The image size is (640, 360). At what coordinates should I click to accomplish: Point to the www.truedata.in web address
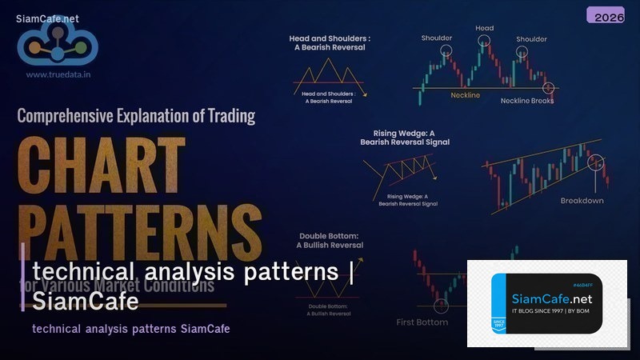coord(58,74)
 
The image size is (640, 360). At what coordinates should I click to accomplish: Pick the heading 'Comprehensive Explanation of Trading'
coord(136,115)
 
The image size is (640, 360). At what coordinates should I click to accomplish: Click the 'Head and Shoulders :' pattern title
coord(330,38)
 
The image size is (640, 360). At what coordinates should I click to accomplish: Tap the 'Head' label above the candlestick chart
coord(485,28)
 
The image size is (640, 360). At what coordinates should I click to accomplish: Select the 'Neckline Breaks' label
coord(526,101)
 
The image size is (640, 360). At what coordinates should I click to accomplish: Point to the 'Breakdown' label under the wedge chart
coord(582,200)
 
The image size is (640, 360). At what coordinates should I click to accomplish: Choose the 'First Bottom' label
coord(422,322)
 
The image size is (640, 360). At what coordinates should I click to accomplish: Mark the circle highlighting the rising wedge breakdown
coord(594,163)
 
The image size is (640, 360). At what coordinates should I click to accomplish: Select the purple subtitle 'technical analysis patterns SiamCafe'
coord(131,329)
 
